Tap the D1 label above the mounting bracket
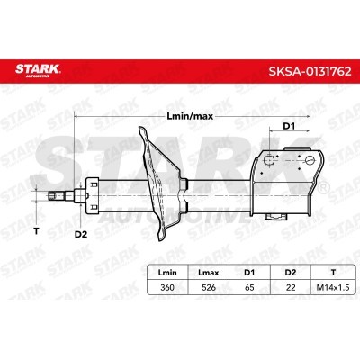[289, 127]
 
